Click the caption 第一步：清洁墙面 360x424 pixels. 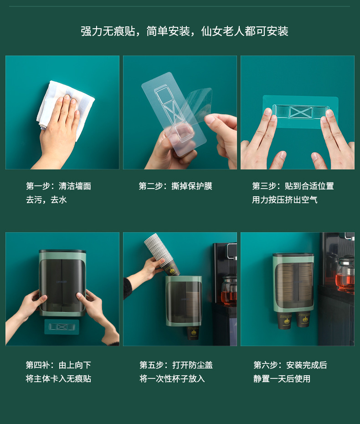(x=59, y=186)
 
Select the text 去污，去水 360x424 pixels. (x=46, y=200)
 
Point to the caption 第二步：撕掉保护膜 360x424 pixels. (x=175, y=186)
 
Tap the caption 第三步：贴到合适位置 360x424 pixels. (x=293, y=186)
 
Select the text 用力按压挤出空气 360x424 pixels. (x=285, y=200)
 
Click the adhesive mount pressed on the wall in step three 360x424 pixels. (x=300, y=112)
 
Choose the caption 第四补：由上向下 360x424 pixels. (x=58, y=365)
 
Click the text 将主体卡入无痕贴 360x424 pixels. (x=58, y=379)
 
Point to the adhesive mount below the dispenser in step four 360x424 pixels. (x=62, y=327)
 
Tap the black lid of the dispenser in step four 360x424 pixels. (x=62, y=251)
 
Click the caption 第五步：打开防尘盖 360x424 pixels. (x=176, y=365)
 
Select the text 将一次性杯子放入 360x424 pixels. (x=172, y=379)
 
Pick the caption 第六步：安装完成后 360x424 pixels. (x=290, y=365)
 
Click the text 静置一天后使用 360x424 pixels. (x=282, y=379)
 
